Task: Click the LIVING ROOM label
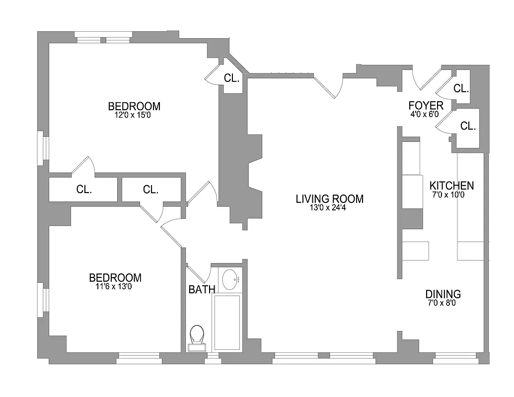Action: pos(329,199)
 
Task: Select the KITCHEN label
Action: pos(451,186)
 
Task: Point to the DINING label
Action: pos(443,294)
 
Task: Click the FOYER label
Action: pos(426,105)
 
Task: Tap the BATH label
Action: pos(202,289)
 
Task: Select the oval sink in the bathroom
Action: pos(229,280)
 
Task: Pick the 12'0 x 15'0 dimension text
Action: pos(134,115)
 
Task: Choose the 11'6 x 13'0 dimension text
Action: pos(115,286)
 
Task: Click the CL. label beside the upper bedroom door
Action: pos(232,78)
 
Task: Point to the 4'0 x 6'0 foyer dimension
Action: pos(425,114)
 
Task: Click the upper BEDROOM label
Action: pos(134,106)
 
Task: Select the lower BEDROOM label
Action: pos(115,278)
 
